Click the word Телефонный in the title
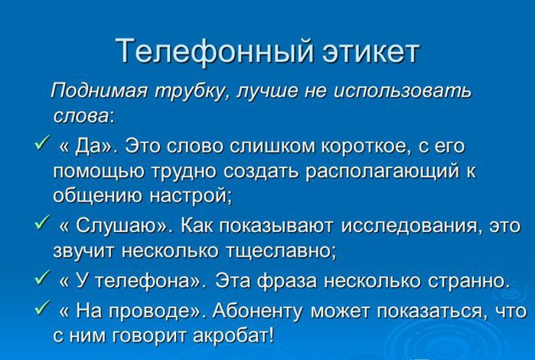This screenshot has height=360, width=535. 215,52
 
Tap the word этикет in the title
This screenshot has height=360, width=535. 371,51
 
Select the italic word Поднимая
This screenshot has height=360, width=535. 99,92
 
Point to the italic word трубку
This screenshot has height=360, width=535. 193,92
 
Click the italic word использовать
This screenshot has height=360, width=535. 402,91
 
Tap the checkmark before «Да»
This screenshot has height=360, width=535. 41,142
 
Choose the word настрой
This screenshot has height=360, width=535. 191,196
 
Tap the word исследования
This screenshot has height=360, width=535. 413,226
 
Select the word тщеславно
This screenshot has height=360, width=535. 280,251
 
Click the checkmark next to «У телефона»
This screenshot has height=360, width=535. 41,277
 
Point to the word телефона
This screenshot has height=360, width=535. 142,281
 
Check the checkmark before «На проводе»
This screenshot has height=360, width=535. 41,307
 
